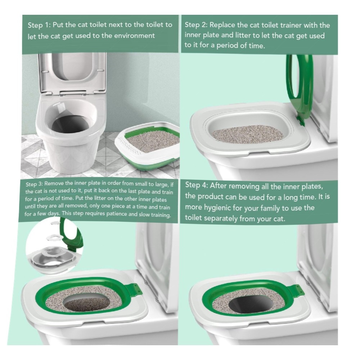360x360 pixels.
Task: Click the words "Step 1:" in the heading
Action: [x=39, y=25]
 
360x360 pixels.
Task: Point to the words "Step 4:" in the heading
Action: [x=196, y=185]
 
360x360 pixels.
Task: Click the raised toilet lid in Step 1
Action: [x=72, y=73]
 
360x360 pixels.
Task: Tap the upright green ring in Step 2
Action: [x=300, y=90]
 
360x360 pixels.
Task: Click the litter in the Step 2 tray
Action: [x=247, y=134]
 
